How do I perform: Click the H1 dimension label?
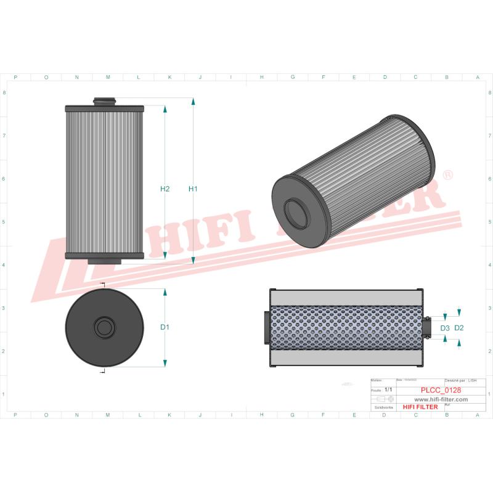pyautogui.click(x=193, y=189)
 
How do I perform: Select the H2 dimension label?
pyautogui.click(x=165, y=189)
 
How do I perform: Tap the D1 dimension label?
pyautogui.click(x=165, y=327)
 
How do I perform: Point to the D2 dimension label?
pyautogui.click(x=458, y=328)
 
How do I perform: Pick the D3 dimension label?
pyautogui.click(x=445, y=328)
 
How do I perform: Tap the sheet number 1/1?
pyautogui.click(x=388, y=390)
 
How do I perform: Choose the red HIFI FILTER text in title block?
pyautogui.click(x=420, y=407)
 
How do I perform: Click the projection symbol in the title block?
pyautogui.click(x=385, y=399)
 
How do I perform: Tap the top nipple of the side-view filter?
pyautogui.click(x=104, y=101)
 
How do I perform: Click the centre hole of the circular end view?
pyautogui.click(x=104, y=327)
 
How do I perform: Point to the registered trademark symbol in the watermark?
pyautogui.click(x=448, y=176)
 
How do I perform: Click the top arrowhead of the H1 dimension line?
pyautogui.click(x=193, y=101)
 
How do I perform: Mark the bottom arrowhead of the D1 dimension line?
pyautogui.click(x=165, y=364)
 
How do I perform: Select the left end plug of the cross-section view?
pyautogui.click(x=266, y=327)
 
